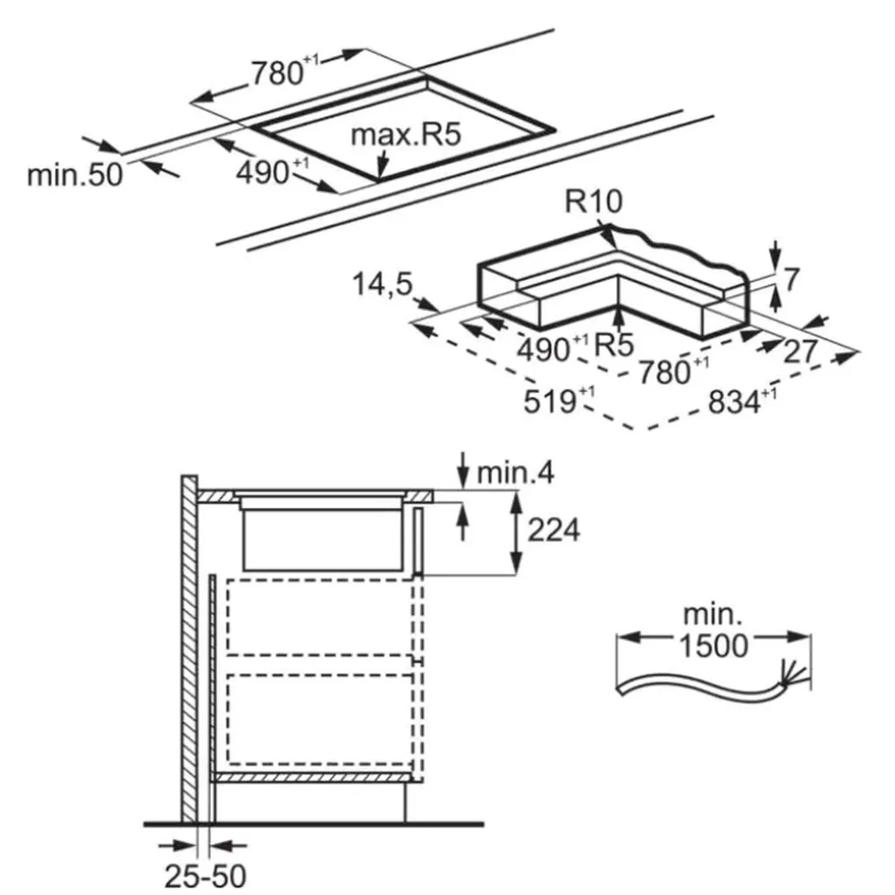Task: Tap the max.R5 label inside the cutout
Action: click(x=405, y=135)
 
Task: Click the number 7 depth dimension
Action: click(x=791, y=281)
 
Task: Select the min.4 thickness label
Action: click(x=516, y=474)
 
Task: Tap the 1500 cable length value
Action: click(x=713, y=645)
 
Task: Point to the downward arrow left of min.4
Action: click(x=462, y=466)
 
